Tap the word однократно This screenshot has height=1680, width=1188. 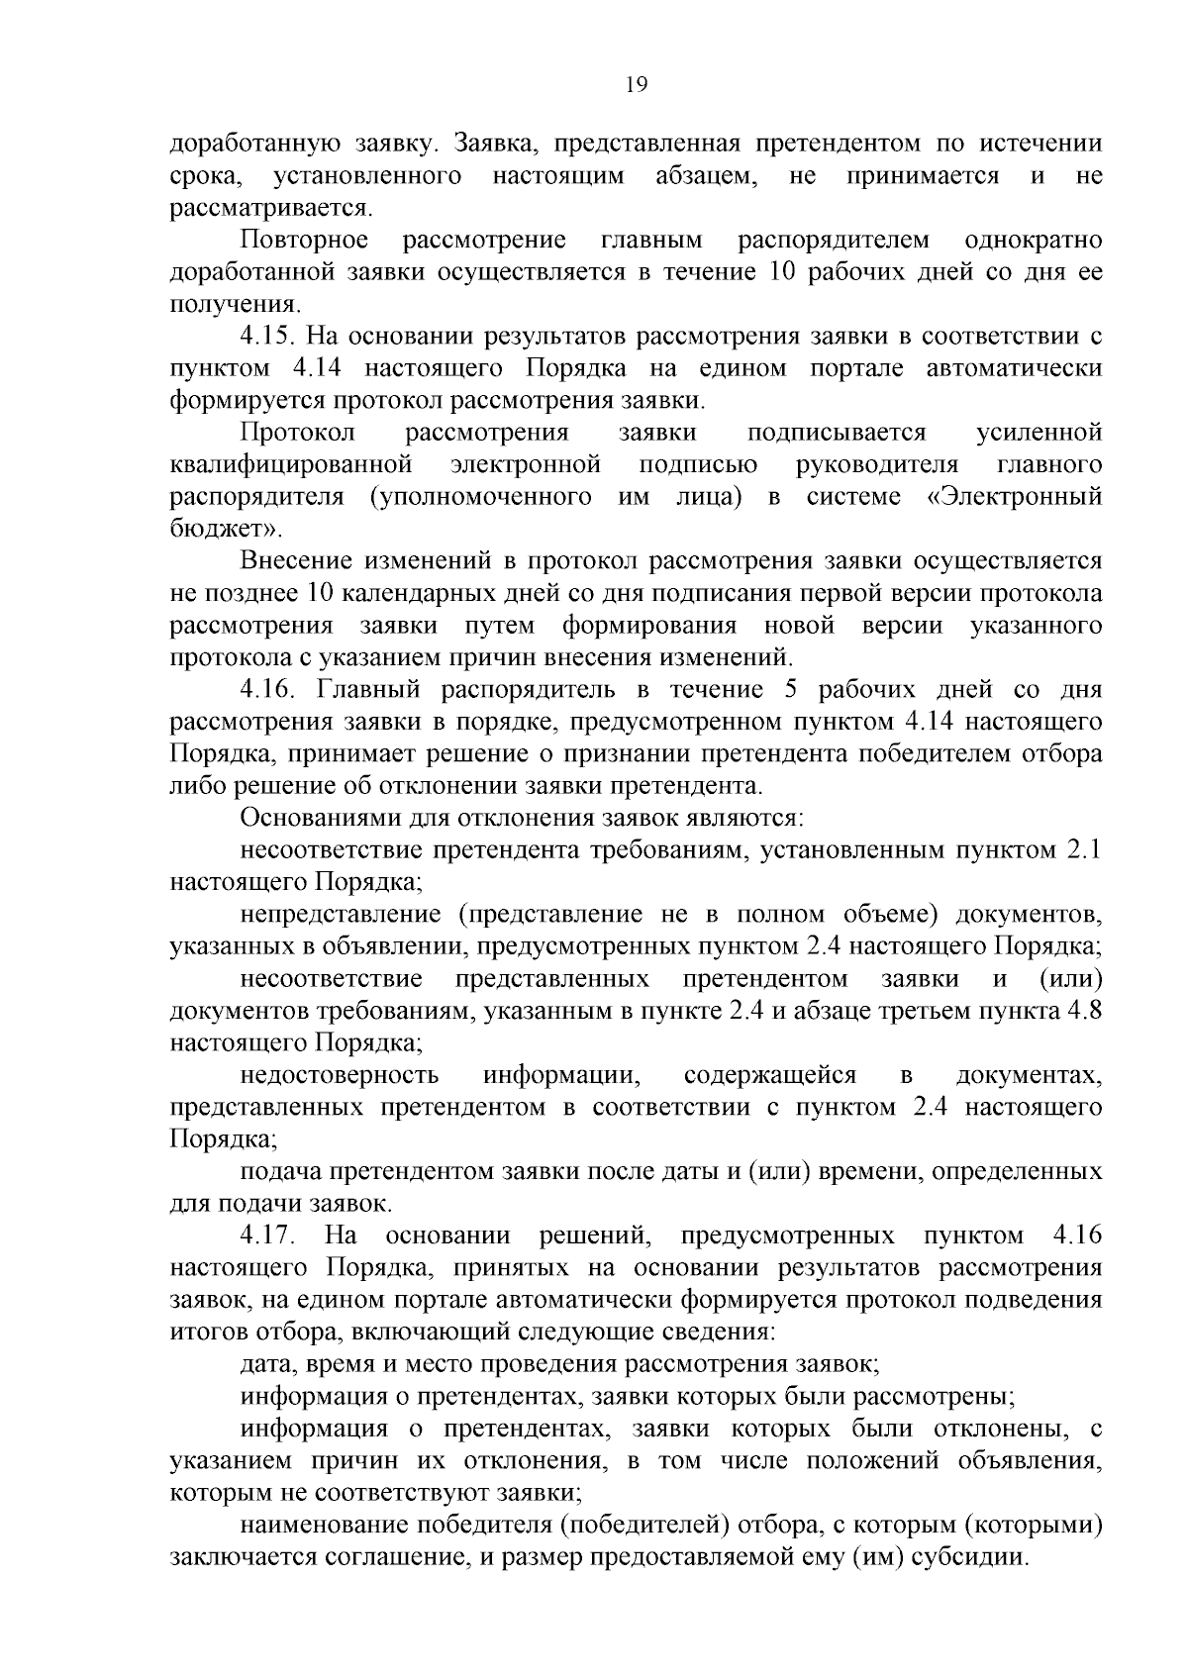tap(1033, 240)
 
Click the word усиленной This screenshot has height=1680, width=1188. tap(1039, 433)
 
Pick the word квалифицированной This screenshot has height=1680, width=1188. tap(290, 464)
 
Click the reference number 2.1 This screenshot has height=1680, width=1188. tap(1083, 849)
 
